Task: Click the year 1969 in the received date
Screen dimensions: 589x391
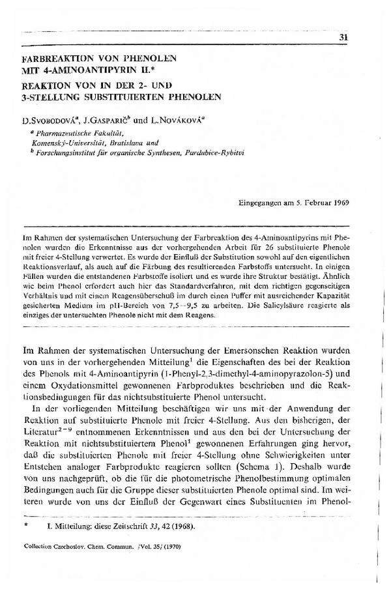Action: point(340,202)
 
